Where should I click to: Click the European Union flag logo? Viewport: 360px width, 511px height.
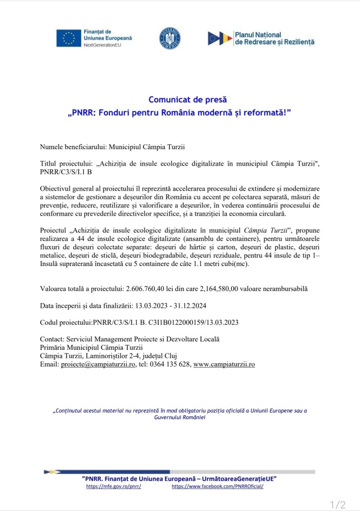click(x=68, y=38)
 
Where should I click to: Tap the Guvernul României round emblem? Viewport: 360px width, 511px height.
click(x=170, y=38)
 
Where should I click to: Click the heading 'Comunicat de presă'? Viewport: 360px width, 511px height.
click(x=180, y=99)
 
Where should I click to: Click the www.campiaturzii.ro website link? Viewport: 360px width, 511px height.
click(x=224, y=364)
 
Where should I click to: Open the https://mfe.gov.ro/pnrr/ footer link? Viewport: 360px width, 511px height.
click(x=114, y=486)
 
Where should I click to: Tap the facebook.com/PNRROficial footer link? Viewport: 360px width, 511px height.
click(x=217, y=486)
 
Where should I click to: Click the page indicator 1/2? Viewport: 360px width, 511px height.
click(x=338, y=505)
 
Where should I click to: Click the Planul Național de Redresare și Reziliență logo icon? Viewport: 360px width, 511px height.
click(x=220, y=38)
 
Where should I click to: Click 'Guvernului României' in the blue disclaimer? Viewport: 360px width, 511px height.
click(x=180, y=417)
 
